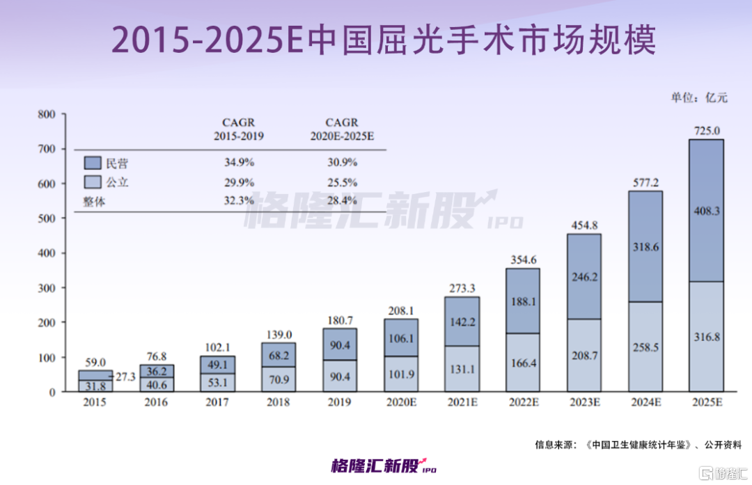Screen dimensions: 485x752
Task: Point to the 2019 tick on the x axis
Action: point(339,403)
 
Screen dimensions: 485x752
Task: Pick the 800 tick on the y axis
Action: point(46,114)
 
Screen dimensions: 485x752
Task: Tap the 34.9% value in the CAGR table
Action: point(238,164)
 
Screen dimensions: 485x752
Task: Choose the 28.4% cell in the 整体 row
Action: point(341,201)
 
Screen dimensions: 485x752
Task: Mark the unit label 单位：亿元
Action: point(698,97)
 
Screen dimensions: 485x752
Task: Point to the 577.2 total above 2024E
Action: point(645,182)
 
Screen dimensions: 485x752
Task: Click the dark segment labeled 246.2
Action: point(585,277)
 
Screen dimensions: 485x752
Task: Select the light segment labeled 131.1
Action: point(462,371)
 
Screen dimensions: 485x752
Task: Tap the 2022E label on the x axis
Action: point(523,403)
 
